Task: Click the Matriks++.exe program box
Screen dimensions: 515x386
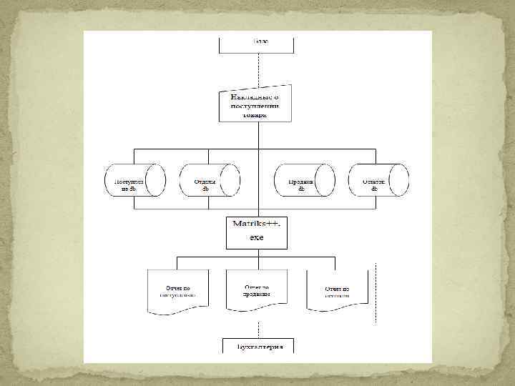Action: click(x=257, y=232)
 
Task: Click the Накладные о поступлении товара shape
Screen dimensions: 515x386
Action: click(x=257, y=105)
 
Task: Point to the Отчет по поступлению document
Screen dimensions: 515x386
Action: click(x=177, y=291)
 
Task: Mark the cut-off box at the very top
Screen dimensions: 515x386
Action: click(x=257, y=42)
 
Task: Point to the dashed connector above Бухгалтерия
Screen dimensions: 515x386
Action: click(x=257, y=326)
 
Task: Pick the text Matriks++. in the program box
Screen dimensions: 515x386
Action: click(x=257, y=224)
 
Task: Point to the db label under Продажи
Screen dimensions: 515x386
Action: click(x=302, y=189)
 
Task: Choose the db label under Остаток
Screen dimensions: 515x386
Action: click(x=375, y=189)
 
